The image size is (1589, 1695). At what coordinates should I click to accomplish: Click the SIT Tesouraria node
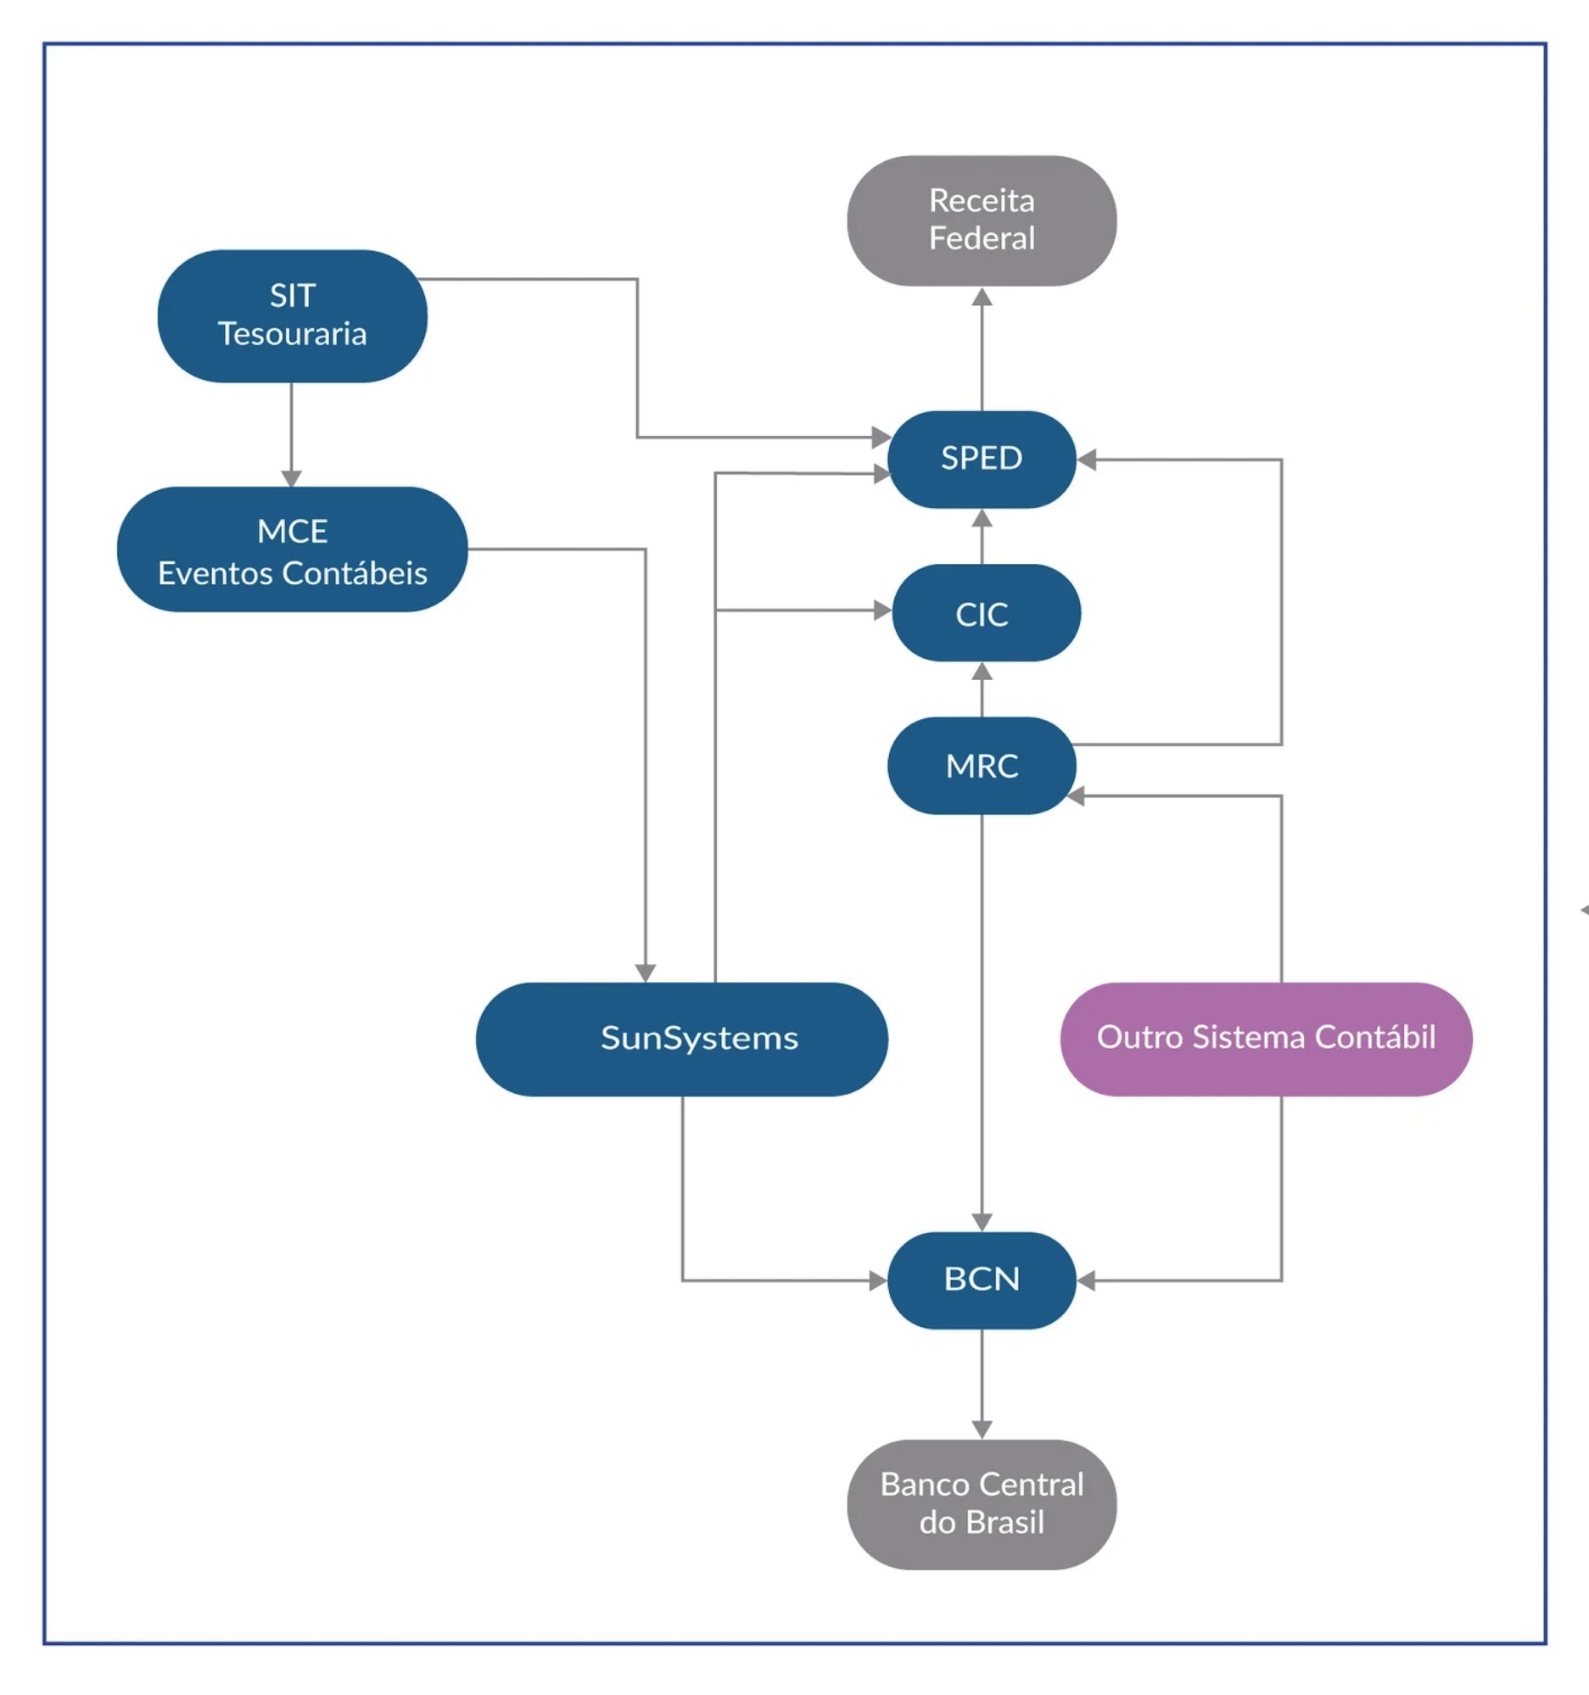293,315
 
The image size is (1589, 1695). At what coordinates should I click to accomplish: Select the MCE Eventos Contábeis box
293,549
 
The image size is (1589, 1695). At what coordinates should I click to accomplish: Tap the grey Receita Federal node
982,220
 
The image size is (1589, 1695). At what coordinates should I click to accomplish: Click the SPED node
982,459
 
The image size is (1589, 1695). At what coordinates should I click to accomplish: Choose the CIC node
986,612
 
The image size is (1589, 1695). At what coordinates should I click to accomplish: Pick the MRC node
982,765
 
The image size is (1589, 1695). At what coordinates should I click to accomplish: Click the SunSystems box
681,1039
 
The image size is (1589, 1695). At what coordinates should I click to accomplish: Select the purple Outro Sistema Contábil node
1266,1039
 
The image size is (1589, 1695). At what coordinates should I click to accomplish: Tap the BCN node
982,1280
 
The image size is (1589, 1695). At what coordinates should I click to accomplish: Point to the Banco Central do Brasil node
982,1504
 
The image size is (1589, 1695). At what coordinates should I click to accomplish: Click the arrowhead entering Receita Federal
982,297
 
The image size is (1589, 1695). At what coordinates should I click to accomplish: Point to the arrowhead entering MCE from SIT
292,477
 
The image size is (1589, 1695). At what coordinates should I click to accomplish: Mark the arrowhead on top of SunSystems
646,973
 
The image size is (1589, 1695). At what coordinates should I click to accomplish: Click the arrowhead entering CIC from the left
883,611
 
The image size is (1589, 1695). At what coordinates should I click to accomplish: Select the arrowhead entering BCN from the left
879,1280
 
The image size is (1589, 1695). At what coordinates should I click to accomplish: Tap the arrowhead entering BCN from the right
1086,1280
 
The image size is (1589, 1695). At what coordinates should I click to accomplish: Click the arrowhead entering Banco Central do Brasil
982,1430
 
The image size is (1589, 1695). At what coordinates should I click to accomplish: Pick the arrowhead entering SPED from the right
1086,460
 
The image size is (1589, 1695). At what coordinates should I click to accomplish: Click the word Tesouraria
293,333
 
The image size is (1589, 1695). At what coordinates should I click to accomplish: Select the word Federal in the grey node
982,238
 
